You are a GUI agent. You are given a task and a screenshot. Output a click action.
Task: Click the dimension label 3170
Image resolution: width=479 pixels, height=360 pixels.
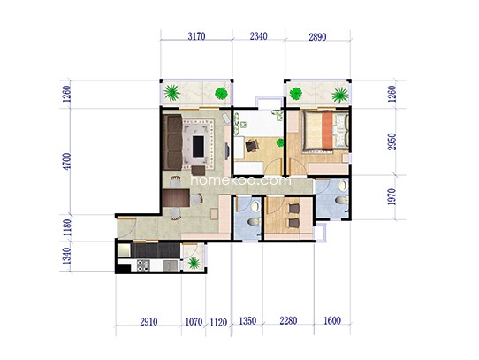pos(196,36)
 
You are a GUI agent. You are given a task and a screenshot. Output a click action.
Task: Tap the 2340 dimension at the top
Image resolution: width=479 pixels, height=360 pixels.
pos(258,36)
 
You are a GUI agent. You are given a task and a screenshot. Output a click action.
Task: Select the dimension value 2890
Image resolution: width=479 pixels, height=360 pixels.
pos(317,37)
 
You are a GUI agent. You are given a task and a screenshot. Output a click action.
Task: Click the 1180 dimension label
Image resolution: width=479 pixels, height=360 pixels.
pos(67,227)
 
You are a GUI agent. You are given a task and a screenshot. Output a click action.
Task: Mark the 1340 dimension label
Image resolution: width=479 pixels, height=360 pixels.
pos(67,256)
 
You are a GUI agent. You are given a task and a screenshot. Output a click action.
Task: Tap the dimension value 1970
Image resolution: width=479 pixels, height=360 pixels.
pos(392,196)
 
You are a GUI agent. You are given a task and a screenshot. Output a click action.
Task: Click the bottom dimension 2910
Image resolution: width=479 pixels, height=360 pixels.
pos(148,322)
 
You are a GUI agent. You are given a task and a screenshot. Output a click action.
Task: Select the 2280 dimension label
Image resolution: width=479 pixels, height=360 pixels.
pos(288,321)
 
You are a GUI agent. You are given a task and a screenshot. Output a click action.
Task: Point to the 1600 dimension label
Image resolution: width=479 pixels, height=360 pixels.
pos(332,321)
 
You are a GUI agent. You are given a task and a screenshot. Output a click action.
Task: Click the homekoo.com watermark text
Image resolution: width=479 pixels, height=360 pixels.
pos(240,180)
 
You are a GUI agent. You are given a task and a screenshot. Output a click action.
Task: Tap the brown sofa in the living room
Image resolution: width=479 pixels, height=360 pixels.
pos(173,142)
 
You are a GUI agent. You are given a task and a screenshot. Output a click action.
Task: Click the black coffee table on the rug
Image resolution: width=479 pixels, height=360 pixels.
pos(199,147)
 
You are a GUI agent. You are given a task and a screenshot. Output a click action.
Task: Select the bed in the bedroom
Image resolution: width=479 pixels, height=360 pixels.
pos(325,131)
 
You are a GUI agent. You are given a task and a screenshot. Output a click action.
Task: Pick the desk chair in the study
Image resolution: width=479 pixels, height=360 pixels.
pos(252,145)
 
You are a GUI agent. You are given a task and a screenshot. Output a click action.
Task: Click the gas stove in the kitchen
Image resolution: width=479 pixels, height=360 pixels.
pos(143,264)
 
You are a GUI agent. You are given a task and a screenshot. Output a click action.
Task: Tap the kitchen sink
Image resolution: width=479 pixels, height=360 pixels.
pos(171,264)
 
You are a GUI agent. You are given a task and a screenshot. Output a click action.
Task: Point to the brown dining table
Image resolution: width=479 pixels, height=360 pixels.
pos(176,198)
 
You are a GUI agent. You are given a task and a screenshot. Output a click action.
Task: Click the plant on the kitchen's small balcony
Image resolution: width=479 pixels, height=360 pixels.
pos(194,263)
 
